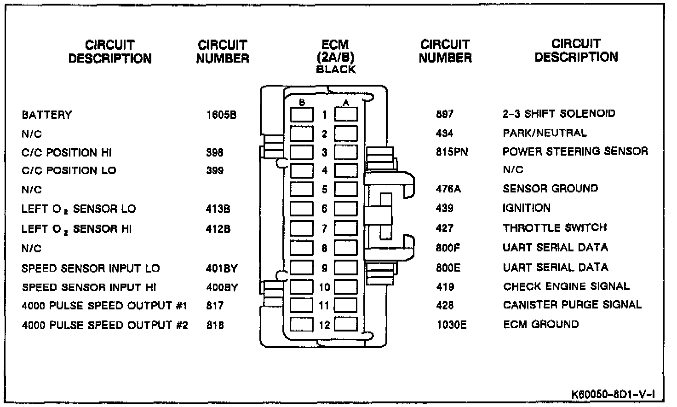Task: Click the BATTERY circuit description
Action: [47, 115]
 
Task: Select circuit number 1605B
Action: [221, 115]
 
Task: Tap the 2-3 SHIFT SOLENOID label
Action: [558, 114]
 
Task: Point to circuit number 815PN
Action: [452, 151]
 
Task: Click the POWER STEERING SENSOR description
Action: [575, 151]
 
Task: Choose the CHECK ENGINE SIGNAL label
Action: [566, 286]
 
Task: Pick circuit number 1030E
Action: [451, 325]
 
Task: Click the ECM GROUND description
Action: [541, 324]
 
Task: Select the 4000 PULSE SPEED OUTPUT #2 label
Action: [105, 325]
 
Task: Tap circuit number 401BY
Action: [222, 268]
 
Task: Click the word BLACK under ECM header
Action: [336, 70]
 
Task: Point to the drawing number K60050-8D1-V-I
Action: [613, 395]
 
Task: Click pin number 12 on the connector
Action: [324, 325]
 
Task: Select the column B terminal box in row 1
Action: [302, 115]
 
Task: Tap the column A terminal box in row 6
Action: [346, 209]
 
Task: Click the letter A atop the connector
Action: [346, 102]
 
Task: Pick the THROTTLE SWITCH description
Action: [554, 228]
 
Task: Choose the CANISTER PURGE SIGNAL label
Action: [572, 305]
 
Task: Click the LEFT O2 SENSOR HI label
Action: [76, 229]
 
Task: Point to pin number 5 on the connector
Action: [324, 189]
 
